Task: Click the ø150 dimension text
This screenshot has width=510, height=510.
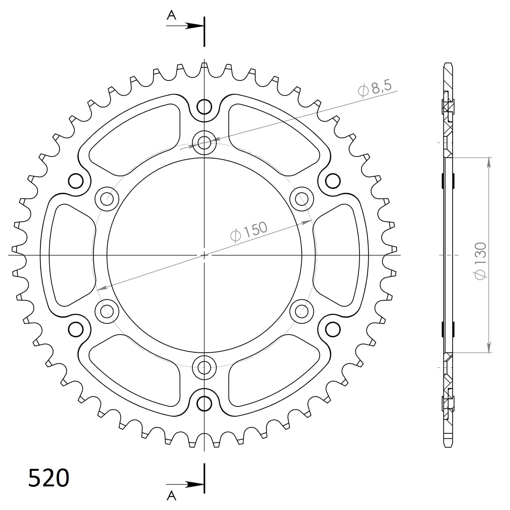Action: click(249, 231)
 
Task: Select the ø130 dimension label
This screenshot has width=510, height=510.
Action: click(480, 261)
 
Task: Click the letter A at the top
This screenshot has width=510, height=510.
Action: click(172, 15)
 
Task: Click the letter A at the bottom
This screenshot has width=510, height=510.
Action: click(172, 495)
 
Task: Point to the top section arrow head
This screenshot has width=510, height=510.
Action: click(195, 26)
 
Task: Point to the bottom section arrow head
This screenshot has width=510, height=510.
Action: click(195, 484)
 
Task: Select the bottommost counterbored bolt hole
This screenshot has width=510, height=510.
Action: click(205, 368)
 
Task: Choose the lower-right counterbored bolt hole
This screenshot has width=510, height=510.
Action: click(302, 312)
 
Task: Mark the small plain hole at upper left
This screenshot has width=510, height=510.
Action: click(76, 181)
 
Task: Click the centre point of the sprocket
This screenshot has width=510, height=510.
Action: click(205, 255)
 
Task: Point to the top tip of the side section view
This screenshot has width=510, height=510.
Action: click(449, 63)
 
